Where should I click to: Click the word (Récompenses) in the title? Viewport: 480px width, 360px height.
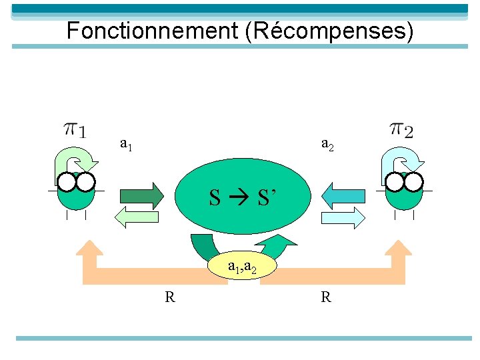(329, 31)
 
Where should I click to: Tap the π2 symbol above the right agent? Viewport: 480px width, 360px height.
(401, 128)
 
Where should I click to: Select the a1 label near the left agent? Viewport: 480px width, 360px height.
(125, 143)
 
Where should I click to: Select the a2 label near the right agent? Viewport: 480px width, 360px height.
(327, 143)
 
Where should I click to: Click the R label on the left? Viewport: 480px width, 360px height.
(171, 297)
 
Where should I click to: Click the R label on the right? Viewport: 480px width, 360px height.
(326, 297)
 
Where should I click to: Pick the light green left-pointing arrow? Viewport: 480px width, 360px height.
(139, 216)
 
